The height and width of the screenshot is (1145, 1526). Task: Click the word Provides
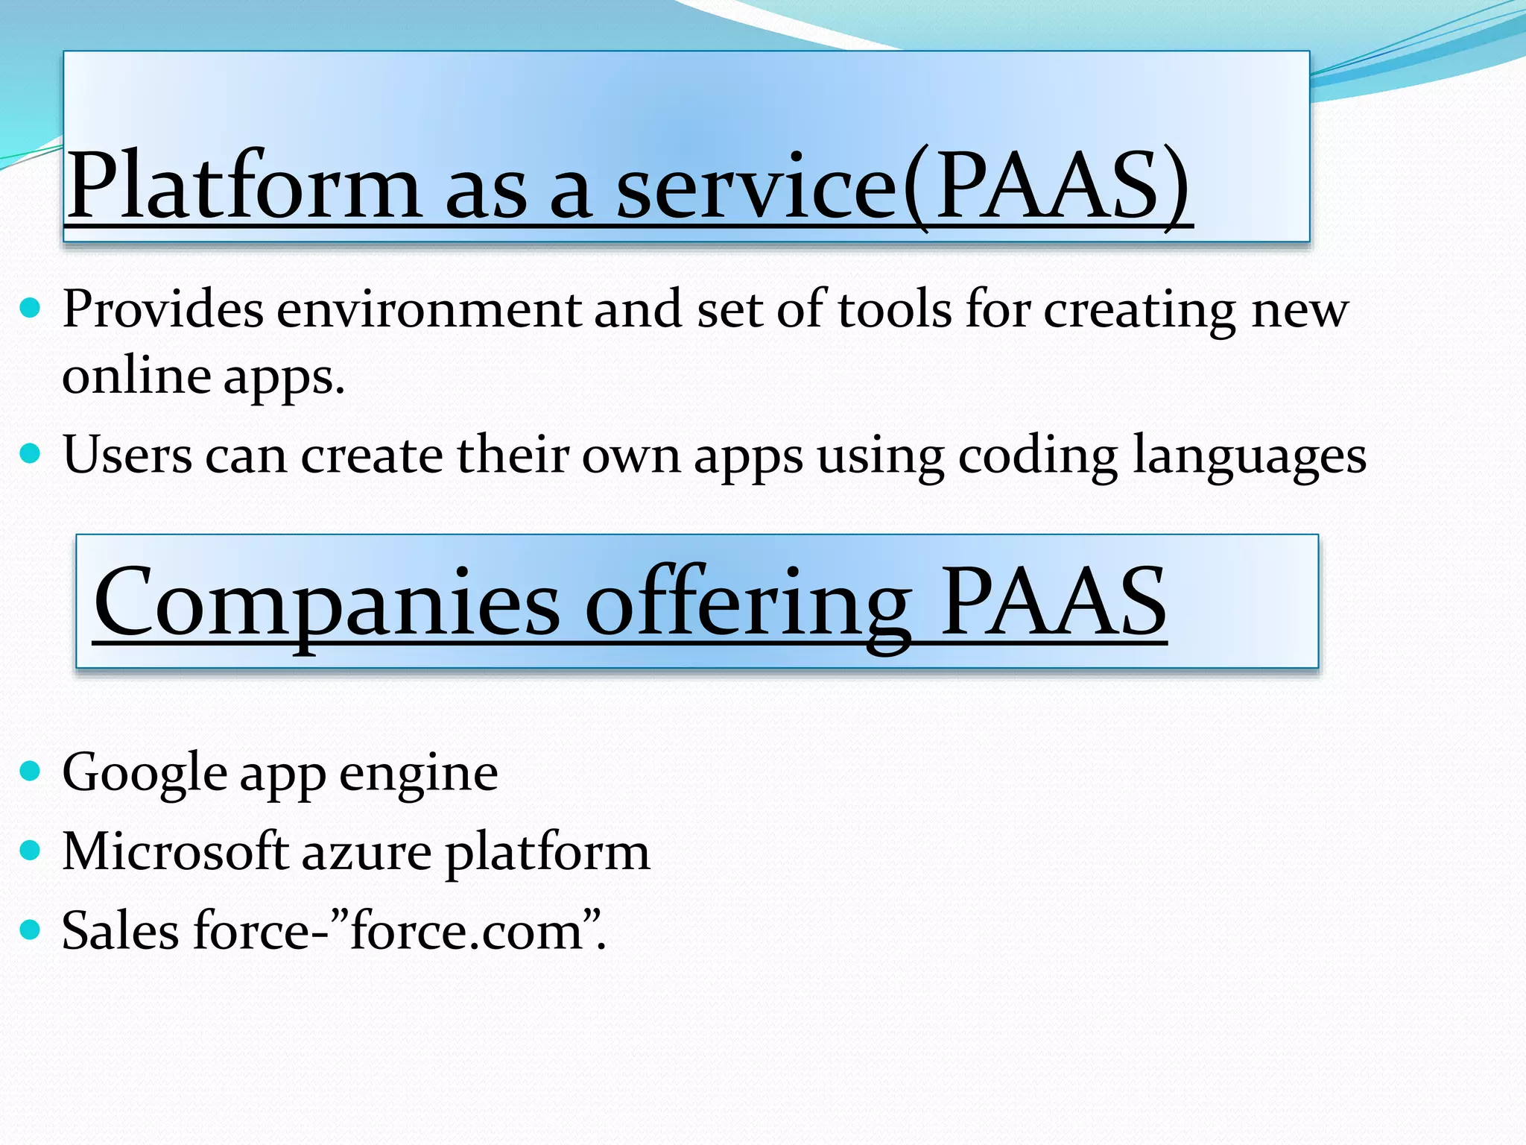tap(163, 309)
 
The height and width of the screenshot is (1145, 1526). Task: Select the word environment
tap(429, 310)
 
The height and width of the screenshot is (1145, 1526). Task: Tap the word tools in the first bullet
tap(895, 309)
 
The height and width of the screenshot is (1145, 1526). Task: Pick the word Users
tap(127, 455)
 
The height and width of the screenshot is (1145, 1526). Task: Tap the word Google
tap(145, 774)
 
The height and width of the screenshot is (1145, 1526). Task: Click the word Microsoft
tap(175, 851)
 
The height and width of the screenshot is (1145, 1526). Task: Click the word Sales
tap(121, 930)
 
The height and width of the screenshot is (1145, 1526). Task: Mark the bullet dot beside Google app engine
tap(30, 771)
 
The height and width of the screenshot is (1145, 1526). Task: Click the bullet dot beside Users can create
tap(30, 452)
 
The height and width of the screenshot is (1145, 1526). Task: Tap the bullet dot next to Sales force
tap(30, 929)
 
